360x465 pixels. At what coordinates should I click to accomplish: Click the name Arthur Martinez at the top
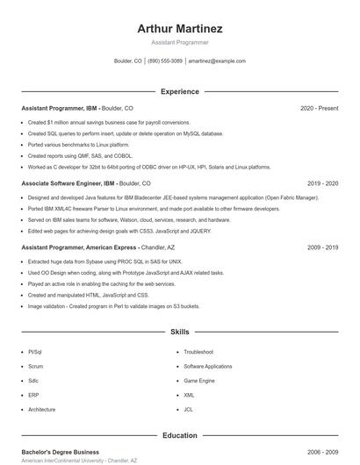[180, 29]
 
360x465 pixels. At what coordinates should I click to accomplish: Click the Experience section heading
[180, 91]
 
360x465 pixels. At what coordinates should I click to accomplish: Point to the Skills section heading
[180, 333]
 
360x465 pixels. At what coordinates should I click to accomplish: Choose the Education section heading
[180, 435]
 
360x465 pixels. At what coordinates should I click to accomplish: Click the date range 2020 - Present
[319, 108]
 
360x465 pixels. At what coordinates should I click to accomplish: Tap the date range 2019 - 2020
[322, 183]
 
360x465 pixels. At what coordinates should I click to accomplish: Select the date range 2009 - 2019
[322, 247]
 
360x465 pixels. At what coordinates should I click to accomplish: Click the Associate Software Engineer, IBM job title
[68, 183]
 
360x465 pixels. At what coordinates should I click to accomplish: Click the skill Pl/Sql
[35, 351]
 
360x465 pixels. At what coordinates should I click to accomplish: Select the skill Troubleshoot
[198, 351]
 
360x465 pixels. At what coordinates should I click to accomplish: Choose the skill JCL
[188, 410]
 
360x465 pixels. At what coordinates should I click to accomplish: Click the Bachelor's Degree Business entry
[60, 451]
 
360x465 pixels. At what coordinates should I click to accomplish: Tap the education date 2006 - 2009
[322, 451]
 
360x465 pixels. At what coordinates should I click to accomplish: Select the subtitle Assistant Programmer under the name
[180, 42]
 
